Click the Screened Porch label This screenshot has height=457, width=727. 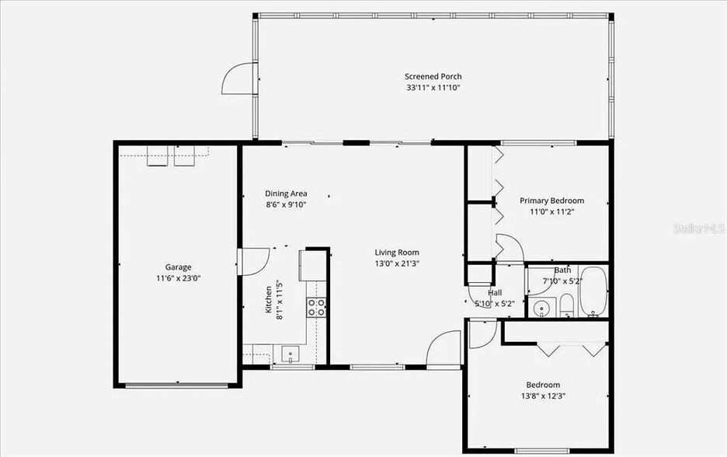pos(433,76)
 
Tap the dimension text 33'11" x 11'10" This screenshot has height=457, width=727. pos(433,88)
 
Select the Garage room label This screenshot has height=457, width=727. pos(178,267)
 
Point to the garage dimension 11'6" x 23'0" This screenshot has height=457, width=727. pos(178,277)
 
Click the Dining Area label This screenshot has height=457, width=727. pos(286,194)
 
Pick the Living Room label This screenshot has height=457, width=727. pos(397,252)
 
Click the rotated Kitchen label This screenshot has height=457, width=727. pos(269,299)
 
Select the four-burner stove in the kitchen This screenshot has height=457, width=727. pos(316,307)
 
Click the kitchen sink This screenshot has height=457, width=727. pos(290,354)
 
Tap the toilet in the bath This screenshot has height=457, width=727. pos(566,304)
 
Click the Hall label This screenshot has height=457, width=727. pos(495,293)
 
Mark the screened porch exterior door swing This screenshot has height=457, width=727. pos(239,78)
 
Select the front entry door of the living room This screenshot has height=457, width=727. pos(445,348)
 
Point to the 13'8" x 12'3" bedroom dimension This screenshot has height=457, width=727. pos(543,396)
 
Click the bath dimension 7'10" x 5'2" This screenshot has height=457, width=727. pos(563,280)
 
